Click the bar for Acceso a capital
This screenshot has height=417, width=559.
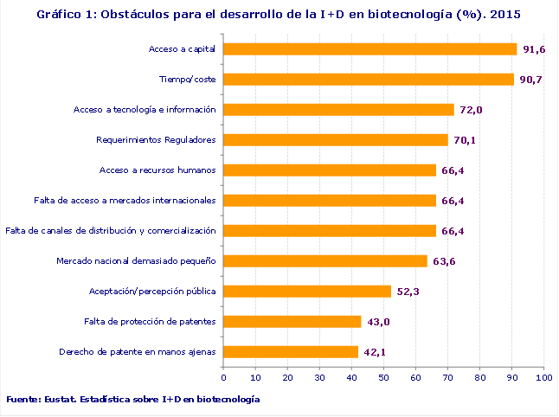pyautogui.click(x=370, y=49)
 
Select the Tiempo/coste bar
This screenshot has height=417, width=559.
pyautogui.click(x=369, y=80)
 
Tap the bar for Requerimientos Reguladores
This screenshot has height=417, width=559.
pyautogui.click(x=336, y=140)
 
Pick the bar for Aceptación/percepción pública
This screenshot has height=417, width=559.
pyautogui.click(x=307, y=292)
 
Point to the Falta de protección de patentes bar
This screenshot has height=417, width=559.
pyautogui.click(x=292, y=322)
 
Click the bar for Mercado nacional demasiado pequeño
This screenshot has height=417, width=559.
pyautogui.click(x=325, y=261)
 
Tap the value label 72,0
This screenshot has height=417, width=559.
pyautogui.click(x=471, y=110)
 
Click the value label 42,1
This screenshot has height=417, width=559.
pyautogui.click(x=375, y=352)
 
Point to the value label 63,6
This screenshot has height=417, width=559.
pyautogui.click(x=444, y=261)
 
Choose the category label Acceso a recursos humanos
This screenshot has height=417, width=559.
pyautogui.click(x=157, y=170)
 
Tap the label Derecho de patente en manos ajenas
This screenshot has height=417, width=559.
pyautogui.click(x=137, y=352)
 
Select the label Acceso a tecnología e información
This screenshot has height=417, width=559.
pyautogui.click(x=144, y=110)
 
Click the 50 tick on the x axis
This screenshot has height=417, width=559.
pyautogui.click(x=383, y=377)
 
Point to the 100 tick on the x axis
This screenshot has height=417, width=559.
pyautogui.click(x=543, y=377)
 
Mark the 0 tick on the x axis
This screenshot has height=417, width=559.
pyautogui.click(x=223, y=377)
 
